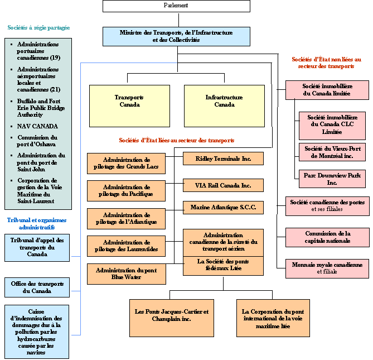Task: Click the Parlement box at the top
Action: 176,6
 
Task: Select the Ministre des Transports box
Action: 176,36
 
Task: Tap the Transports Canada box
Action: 129,105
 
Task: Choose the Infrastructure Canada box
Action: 224,105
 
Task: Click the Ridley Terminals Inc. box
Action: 223,159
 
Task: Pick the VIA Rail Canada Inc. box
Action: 223,185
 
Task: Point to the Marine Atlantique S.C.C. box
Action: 223,208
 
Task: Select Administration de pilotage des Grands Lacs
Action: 127,164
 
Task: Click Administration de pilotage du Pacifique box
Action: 127,191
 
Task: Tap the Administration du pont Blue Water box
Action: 127,274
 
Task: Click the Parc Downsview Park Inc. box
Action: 332,179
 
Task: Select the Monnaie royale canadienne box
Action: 327,268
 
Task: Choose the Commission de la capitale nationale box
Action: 327,237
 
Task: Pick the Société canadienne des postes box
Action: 327,206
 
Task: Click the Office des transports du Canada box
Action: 37,287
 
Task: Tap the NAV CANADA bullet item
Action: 37,126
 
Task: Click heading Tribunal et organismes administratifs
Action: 37,224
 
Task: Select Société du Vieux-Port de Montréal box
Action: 332,152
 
